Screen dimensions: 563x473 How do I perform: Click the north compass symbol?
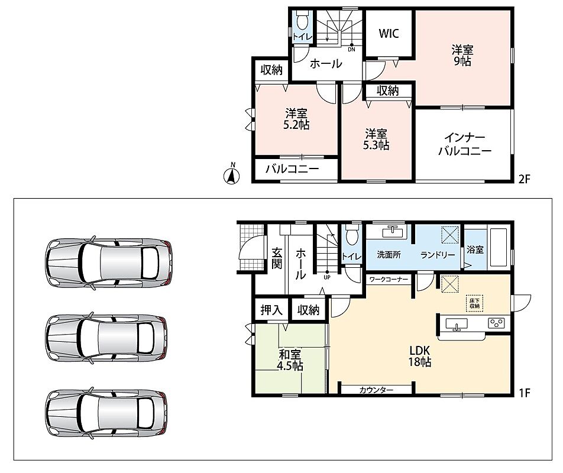click(232, 175)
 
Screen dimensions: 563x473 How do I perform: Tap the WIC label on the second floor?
click(389, 33)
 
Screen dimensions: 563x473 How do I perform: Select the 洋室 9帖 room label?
click(462, 55)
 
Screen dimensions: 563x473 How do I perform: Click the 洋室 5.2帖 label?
click(296, 119)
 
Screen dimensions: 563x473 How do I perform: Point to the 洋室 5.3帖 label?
click(376, 140)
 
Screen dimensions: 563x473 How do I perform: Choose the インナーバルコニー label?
click(465, 144)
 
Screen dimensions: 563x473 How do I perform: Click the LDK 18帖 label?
click(419, 356)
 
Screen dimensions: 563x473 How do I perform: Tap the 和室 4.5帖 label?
click(290, 360)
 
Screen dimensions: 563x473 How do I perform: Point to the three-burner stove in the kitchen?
click(497, 323)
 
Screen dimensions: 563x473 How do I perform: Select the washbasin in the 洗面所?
click(394, 232)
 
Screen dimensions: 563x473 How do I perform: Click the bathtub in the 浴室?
click(499, 247)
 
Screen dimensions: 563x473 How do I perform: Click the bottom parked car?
click(106, 413)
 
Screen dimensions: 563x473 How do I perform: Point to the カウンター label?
click(376, 390)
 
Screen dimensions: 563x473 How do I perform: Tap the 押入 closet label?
click(271, 310)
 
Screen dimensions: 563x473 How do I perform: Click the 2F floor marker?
click(524, 179)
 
